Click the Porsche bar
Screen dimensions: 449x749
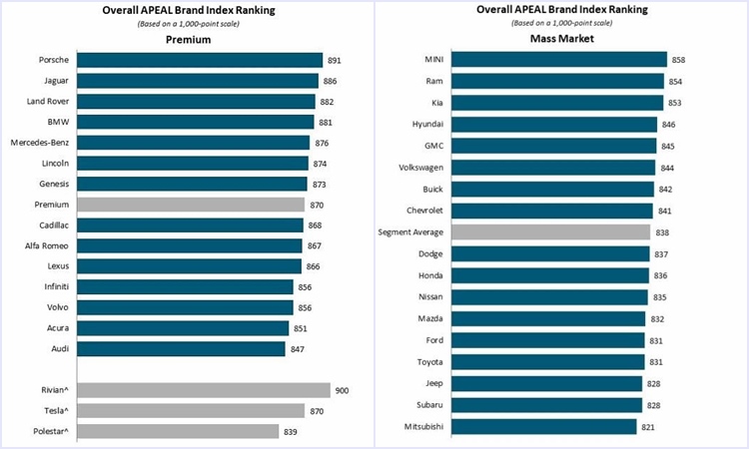(x=200, y=60)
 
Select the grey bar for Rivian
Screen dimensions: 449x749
(x=203, y=390)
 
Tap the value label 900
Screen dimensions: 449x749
(x=343, y=390)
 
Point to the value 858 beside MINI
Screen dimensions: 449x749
(x=678, y=60)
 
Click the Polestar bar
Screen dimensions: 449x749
(x=178, y=431)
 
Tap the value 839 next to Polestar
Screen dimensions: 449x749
(x=292, y=431)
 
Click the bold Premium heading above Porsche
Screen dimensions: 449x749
(x=188, y=40)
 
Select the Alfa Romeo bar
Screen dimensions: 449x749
(x=189, y=245)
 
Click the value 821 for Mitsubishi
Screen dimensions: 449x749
(x=648, y=426)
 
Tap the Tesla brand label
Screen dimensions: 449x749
(x=54, y=410)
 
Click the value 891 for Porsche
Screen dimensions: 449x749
(x=334, y=60)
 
